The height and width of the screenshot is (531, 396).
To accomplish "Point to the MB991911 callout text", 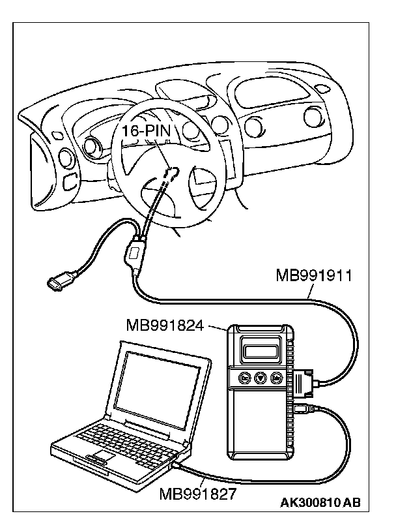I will (313, 275).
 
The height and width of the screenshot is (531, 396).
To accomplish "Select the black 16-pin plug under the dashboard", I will (171, 173).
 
